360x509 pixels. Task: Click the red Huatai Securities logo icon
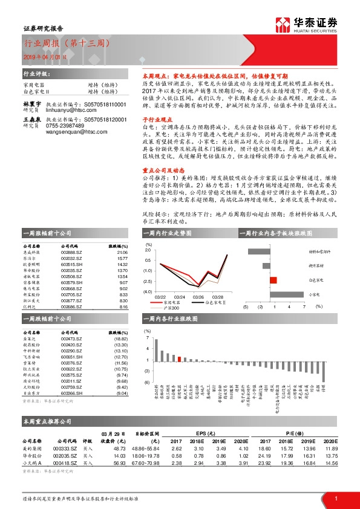click(x=283, y=24)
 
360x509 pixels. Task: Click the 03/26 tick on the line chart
click(x=197, y=297)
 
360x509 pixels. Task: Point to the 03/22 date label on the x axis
click(x=160, y=297)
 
